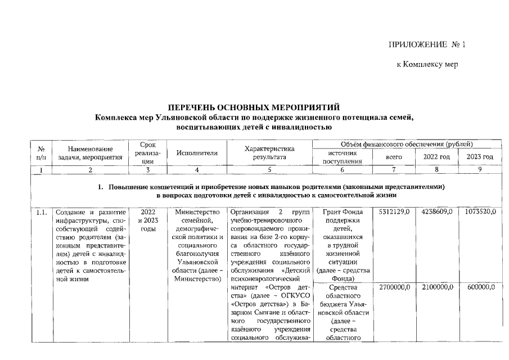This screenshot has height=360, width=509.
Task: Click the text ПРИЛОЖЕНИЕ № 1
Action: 427,44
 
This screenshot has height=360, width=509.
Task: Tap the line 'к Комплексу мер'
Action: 427,65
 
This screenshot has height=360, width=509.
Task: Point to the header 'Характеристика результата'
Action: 269,152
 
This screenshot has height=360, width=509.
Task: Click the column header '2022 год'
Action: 436,156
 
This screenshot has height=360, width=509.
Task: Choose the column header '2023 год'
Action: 480,156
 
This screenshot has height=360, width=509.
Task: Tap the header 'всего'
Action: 393,157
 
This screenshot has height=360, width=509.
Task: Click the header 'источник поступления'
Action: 342,157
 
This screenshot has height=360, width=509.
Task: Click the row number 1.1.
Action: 40,213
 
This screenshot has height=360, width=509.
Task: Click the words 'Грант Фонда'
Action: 342,212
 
